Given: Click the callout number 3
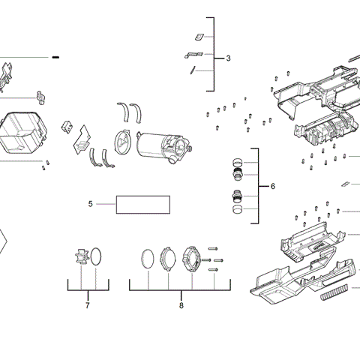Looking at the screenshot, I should click(228, 58).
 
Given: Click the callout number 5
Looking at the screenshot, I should click(90, 203).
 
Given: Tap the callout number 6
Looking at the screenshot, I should click(273, 186).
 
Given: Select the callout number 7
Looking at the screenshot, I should click(87, 305).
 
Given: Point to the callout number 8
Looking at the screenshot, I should click(181, 305).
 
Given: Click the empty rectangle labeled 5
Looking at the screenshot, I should click(142, 204).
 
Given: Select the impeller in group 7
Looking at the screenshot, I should click(82, 259).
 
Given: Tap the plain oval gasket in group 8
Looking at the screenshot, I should click(148, 259).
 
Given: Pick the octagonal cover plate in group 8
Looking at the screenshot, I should click(190, 259).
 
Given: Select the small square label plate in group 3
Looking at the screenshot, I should click(199, 36).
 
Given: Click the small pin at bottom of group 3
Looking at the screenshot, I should click(194, 70).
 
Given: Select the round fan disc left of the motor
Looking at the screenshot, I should click(121, 143).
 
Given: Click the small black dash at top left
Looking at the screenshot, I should click(55, 57).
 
